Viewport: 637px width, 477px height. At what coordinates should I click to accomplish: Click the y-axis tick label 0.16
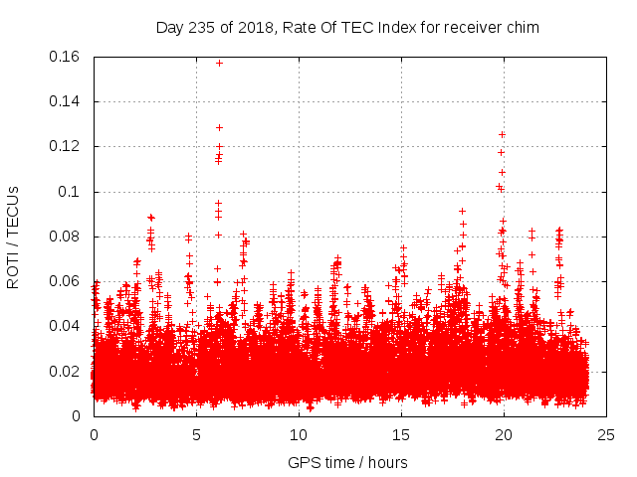point(66,57)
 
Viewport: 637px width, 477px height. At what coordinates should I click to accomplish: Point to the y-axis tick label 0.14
point(66,101)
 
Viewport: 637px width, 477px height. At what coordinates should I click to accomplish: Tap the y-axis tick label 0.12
point(66,146)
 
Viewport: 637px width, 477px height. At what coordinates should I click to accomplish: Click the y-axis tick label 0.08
point(66,237)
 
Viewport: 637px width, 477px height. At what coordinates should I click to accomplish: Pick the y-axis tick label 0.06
point(66,281)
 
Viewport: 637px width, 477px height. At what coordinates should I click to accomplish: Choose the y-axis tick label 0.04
point(66,326)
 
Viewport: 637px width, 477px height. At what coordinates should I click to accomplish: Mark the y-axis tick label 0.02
point(66,372)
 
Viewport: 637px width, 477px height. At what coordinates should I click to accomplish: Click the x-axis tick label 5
point(196,434)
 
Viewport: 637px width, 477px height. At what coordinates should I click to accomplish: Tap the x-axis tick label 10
point(299,434)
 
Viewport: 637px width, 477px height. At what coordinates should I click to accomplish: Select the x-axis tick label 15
point(401,434)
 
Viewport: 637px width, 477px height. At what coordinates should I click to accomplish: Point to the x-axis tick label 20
point(504,434)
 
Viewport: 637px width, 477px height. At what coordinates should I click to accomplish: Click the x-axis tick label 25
point(606,434)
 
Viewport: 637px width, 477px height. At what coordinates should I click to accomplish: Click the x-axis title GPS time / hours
point(347,462)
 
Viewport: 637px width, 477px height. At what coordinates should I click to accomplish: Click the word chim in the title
point(523,27)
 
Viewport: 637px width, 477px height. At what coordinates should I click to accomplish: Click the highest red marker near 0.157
point(219,64)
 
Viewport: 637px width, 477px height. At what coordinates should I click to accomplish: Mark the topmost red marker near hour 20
point(502,134)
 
